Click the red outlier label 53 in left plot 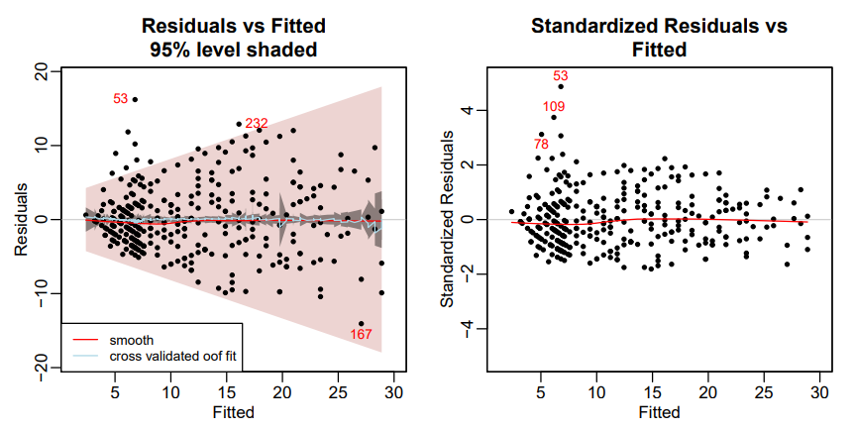121,98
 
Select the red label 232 257,124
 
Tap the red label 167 361,335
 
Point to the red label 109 554,106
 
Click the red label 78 541,145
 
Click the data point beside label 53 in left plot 135,99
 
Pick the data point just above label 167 361,323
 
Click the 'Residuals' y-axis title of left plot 21,219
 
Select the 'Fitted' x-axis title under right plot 659,412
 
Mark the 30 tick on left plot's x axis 394,391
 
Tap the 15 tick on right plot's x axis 652,391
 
